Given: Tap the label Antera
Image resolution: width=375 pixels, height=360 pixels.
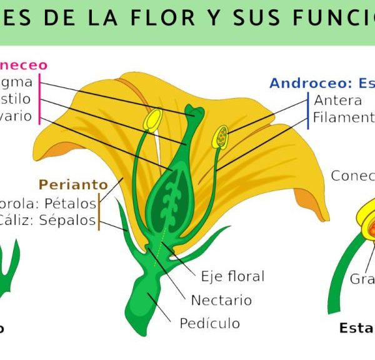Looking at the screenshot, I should coord(337,100).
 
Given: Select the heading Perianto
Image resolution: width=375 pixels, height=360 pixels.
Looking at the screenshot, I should coord(73,184).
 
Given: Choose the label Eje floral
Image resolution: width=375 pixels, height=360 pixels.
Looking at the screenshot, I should coord(232,276).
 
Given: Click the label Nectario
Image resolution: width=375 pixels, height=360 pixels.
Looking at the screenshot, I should coord(221,300).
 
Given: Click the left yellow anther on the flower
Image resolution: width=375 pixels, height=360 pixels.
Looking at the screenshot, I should coord(153,119).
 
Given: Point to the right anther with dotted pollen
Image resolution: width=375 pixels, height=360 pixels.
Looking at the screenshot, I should coord(221,137).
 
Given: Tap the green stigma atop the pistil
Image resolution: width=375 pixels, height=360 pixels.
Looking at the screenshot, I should coord(194,113).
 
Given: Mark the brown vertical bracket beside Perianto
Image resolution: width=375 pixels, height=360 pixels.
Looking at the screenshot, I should coord(99,211).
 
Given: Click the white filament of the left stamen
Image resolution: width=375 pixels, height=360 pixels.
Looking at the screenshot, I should coord(161,150).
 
